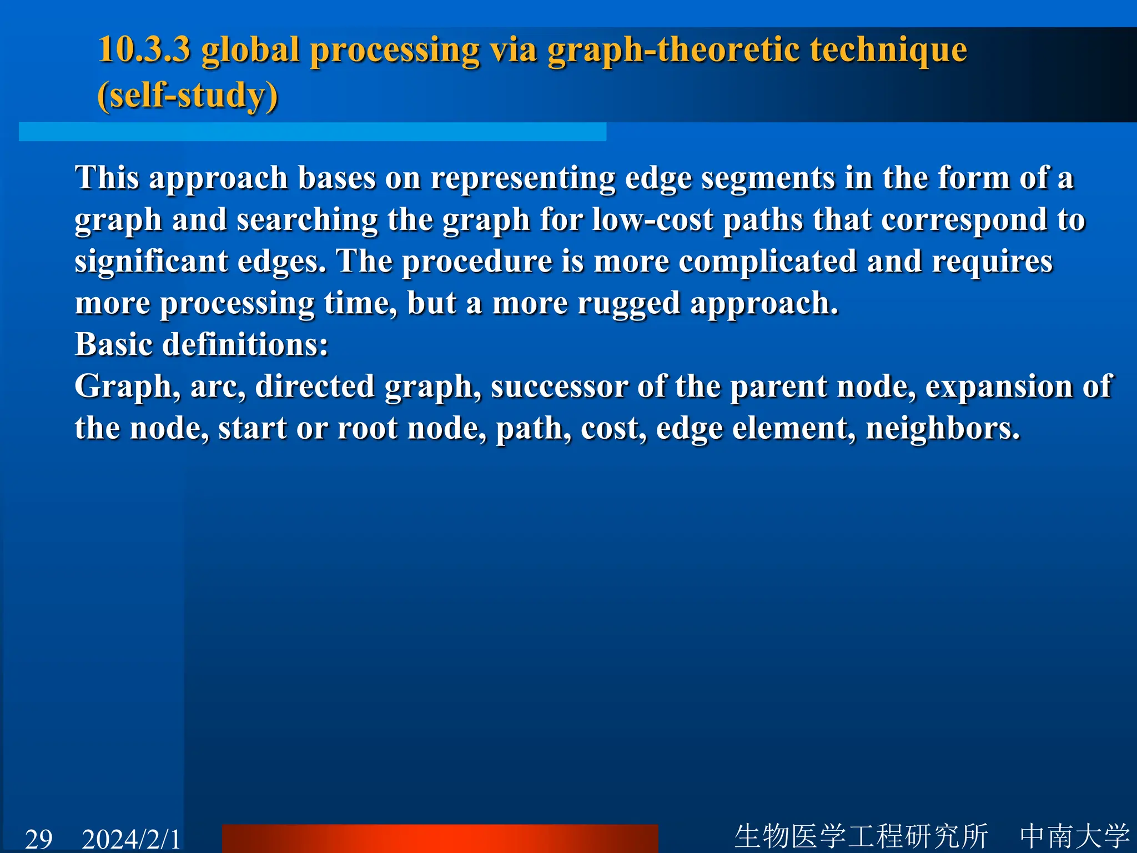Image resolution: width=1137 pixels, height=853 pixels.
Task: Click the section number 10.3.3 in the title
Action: [x=144, y=50]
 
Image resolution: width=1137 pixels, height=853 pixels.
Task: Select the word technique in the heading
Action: [x=888, y=50]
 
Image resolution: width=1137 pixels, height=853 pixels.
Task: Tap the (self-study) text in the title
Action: [x=188, y=96]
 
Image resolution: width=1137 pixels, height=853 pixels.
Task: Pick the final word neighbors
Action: [x=943, y=428]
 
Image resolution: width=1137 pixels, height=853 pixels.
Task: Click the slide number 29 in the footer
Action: [x=39, y=839]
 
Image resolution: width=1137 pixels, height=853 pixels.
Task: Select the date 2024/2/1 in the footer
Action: [x=132, y=839]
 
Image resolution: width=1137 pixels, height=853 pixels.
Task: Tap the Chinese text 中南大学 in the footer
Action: [x=1074, y=836]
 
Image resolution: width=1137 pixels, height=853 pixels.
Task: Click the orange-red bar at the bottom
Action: [x=440, y=839]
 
